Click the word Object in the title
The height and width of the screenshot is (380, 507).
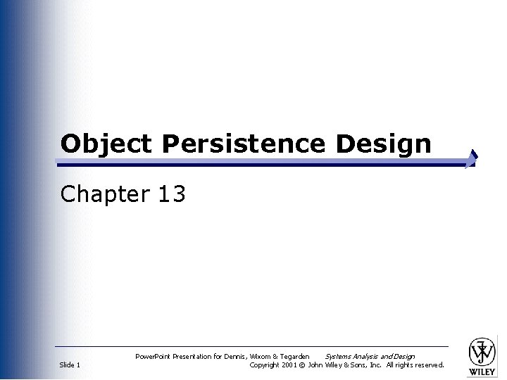coord(106,144)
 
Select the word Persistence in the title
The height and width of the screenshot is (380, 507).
coord(243,144)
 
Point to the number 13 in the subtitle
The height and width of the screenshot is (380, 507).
coord(172,194)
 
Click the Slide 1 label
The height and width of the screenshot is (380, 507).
coord(70,365)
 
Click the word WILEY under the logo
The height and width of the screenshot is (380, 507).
coord(482,372)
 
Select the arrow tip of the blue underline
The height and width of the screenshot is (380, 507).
coord(473,158)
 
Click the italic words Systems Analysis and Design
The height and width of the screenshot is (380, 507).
coord(370,357)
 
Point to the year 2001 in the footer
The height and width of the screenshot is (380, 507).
coord(289,365)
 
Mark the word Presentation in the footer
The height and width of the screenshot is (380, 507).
coord(191,357)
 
